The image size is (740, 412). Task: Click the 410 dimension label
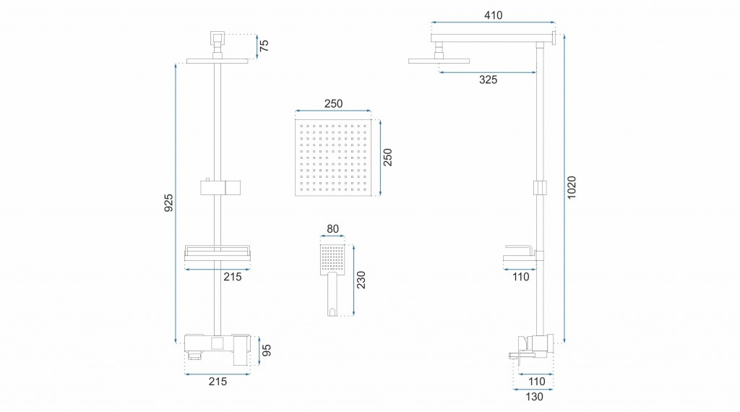pos(493,15)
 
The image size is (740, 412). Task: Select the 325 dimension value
pos(488,80)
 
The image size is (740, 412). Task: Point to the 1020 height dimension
pos(572,187)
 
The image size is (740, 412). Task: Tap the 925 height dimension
pos(168,202)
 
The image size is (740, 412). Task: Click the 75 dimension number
pos(264,46)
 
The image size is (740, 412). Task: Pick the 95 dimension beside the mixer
pos(267,350)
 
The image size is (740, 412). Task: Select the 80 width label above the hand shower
pos(332,229)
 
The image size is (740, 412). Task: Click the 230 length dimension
pos(361,280)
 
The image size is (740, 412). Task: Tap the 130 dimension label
pos(534,397)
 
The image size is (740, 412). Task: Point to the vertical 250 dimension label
pos(387,157)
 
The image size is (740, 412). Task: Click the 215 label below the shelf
pos(232,277)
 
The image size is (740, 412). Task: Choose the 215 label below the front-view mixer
pos(218,382)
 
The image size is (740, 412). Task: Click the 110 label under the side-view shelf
pos(520,277)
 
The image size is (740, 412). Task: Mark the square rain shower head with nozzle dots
pos(333,157)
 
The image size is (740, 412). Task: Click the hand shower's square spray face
pos(332,259)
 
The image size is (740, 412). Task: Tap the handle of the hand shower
pos(332,294)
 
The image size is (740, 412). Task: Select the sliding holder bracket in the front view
pos(220,187)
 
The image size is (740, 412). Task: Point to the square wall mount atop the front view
pos(217,38)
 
